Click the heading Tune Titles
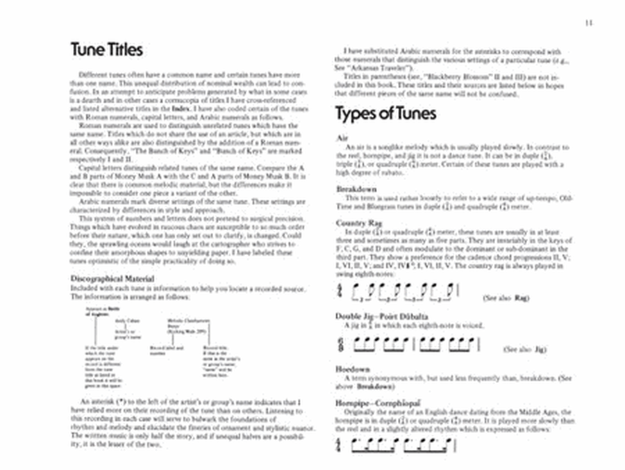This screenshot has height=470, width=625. pos(106,50)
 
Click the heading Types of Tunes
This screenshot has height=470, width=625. pos(385,113)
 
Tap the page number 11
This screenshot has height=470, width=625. pos(588,24)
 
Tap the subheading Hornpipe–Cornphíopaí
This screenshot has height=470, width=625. pos(380,403)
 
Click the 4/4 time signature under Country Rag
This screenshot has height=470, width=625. pos(340,290)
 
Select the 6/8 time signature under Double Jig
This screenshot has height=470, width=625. pos(340,343)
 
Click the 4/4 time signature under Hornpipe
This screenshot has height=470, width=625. pos(340,444)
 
